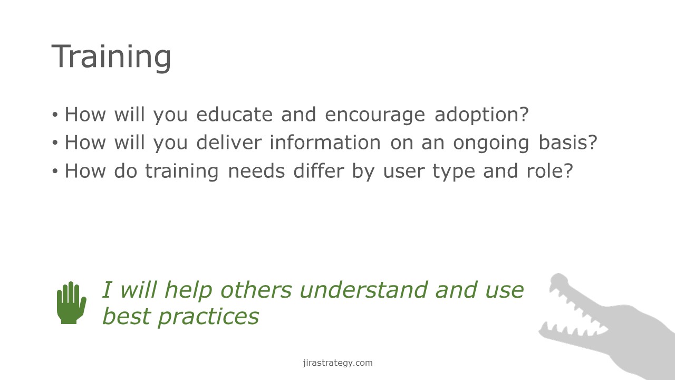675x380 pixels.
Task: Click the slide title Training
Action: [111, 58]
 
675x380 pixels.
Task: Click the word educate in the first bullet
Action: [235, 115]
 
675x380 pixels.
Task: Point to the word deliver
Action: [229, 142]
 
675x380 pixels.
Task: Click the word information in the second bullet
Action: [325, 142]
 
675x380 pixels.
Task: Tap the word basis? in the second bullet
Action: [568, 142]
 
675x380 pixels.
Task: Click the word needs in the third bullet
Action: [256, 171]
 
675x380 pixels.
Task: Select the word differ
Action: [319, 171]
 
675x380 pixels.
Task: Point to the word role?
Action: [549, 171]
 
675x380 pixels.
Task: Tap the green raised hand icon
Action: [71, 303]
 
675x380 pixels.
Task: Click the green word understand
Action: [364, 290]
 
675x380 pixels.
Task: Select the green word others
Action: [256, 290]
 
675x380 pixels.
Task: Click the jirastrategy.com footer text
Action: [337, 363]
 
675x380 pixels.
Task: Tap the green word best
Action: [127, 317]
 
